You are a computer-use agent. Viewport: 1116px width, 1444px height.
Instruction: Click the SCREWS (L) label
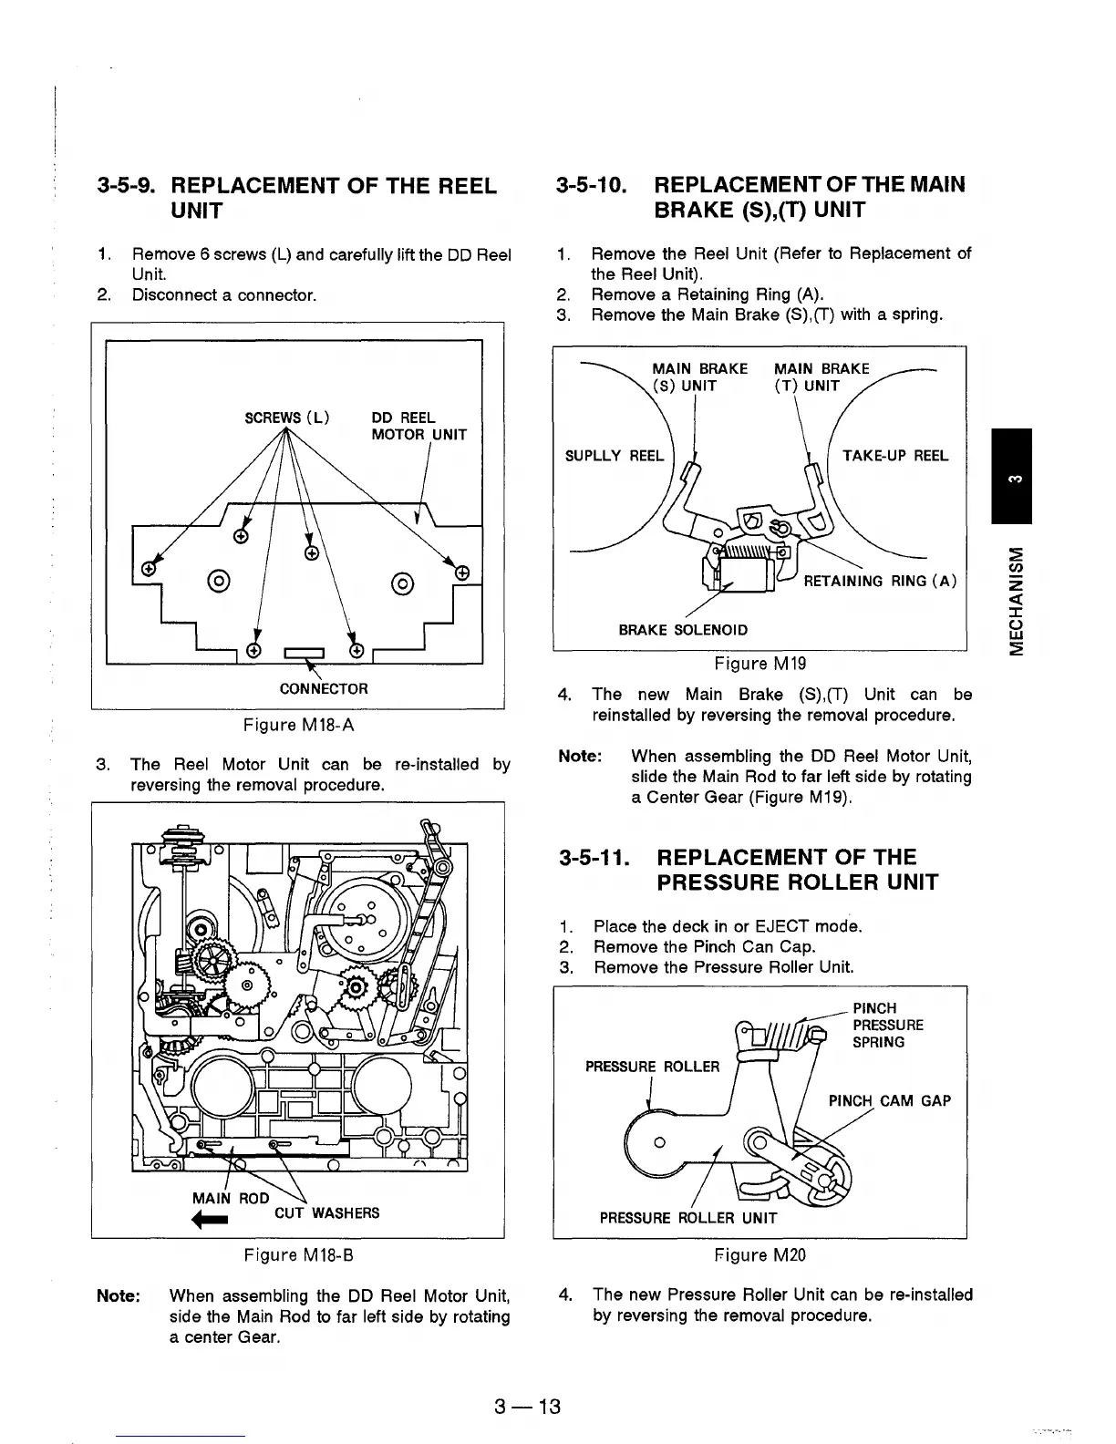(x=287, y=418)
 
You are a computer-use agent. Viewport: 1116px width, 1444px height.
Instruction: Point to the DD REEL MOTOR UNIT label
(x=418, y=427)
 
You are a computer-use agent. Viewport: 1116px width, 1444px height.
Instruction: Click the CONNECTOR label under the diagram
(x=324, y=688)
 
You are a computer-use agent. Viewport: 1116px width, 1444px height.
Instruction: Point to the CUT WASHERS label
(x=326, y=1213)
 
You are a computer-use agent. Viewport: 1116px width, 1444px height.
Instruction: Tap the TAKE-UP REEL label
(x=894, y=456)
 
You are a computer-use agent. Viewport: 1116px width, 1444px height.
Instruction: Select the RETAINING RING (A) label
(x=879, y=582)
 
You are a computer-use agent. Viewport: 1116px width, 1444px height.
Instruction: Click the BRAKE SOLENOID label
(x=683, y=630)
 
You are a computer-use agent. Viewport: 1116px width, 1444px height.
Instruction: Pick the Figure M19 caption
(x=759, y=663)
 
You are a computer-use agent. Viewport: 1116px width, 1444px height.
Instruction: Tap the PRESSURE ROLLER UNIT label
(x=687, y=1218)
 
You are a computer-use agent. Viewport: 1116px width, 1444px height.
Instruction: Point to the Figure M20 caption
(x=759, y=1255)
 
